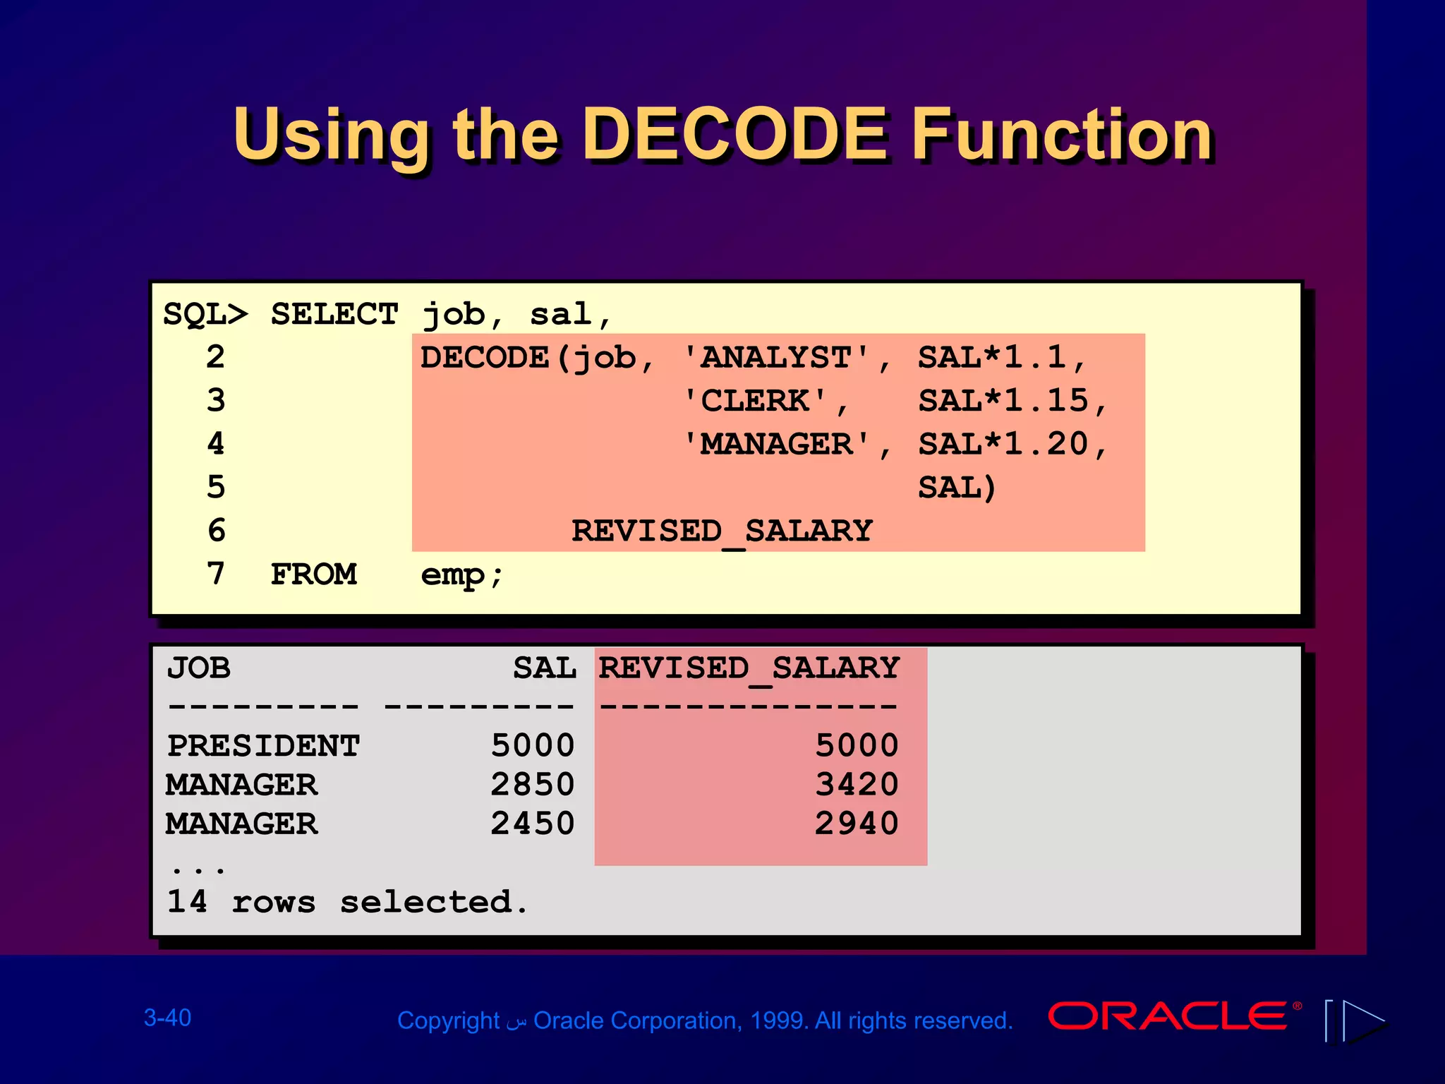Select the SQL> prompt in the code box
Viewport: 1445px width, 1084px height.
tap(205, 314)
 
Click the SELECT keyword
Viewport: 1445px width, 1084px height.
tap(334, 314)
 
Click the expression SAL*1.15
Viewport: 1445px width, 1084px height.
tap(1003, 401)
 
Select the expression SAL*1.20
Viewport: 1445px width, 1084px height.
tap(1003, 445)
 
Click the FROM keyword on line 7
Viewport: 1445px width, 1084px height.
tap(313, 574)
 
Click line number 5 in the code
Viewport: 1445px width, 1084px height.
tap(216, 488)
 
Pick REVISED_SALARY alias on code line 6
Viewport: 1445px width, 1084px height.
tap(722, 531)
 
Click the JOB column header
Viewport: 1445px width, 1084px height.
tap(198, 668)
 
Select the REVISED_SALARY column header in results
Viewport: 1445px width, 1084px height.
tap(749, 668)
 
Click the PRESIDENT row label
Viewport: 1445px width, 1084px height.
tap(263, 746)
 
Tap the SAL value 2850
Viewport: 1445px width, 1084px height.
tap(533, 785)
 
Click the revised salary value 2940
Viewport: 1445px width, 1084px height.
tap(857, 824)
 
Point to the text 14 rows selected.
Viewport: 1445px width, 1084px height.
tap(346, 902)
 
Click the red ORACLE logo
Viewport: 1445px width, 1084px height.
tap(1168, 1017)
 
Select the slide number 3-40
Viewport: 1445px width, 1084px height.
tap(167, 1018)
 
